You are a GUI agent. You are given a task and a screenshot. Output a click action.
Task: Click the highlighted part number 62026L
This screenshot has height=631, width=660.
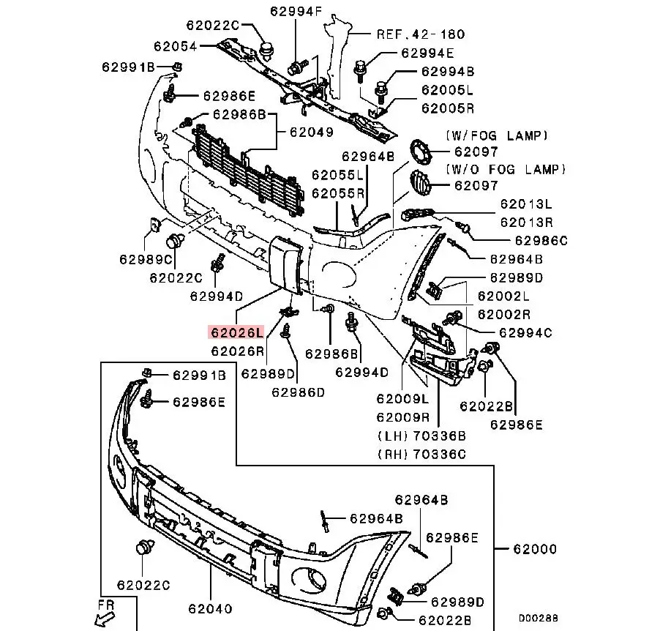pos(236,332)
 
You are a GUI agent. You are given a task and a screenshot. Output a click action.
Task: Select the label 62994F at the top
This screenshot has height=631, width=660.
pos(295,11)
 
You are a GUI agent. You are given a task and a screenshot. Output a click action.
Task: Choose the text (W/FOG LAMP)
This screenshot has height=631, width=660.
pos(495,135)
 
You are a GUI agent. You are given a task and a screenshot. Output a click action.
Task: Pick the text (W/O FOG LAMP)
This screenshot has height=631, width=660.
pos(505,169)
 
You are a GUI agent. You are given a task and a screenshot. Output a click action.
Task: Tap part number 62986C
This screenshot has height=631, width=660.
pos(541,239)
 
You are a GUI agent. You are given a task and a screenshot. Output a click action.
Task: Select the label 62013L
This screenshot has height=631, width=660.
pos(526,204)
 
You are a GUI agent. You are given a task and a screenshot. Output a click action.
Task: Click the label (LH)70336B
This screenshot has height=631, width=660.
pos(421,436)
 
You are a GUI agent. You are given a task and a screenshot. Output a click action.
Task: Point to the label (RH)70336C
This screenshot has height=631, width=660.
pos(421,454)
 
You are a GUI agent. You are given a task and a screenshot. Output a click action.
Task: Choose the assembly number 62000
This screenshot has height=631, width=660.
pos(534,549)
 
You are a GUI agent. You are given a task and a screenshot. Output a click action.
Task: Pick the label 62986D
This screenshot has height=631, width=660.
pos(297,392)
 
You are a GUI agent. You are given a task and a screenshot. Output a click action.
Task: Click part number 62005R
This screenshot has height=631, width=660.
pos(447,108)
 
